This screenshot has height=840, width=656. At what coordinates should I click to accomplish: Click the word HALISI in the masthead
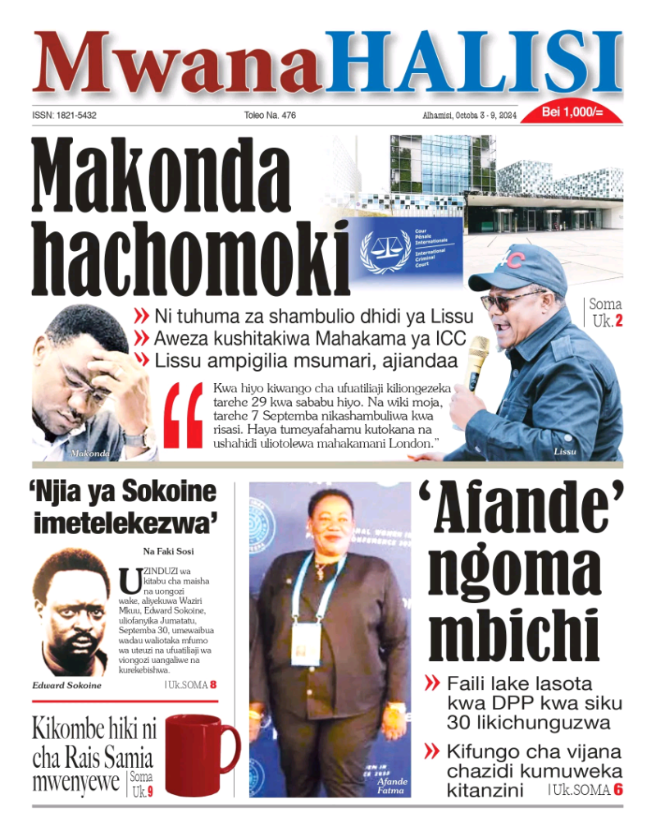474,64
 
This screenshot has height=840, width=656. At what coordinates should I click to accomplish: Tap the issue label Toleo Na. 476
270,116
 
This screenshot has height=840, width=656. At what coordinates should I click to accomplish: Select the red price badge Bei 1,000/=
572,112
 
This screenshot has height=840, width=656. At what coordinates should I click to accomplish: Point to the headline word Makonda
162,175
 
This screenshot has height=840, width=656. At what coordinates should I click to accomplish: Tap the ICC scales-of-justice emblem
385,250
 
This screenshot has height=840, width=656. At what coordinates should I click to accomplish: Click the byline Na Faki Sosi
168,551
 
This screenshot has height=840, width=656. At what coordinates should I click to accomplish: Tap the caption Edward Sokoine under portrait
67,685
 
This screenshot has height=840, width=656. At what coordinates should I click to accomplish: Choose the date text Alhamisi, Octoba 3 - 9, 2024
464,116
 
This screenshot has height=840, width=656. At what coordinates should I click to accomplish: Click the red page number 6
618,790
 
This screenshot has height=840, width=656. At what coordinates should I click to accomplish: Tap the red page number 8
213,684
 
